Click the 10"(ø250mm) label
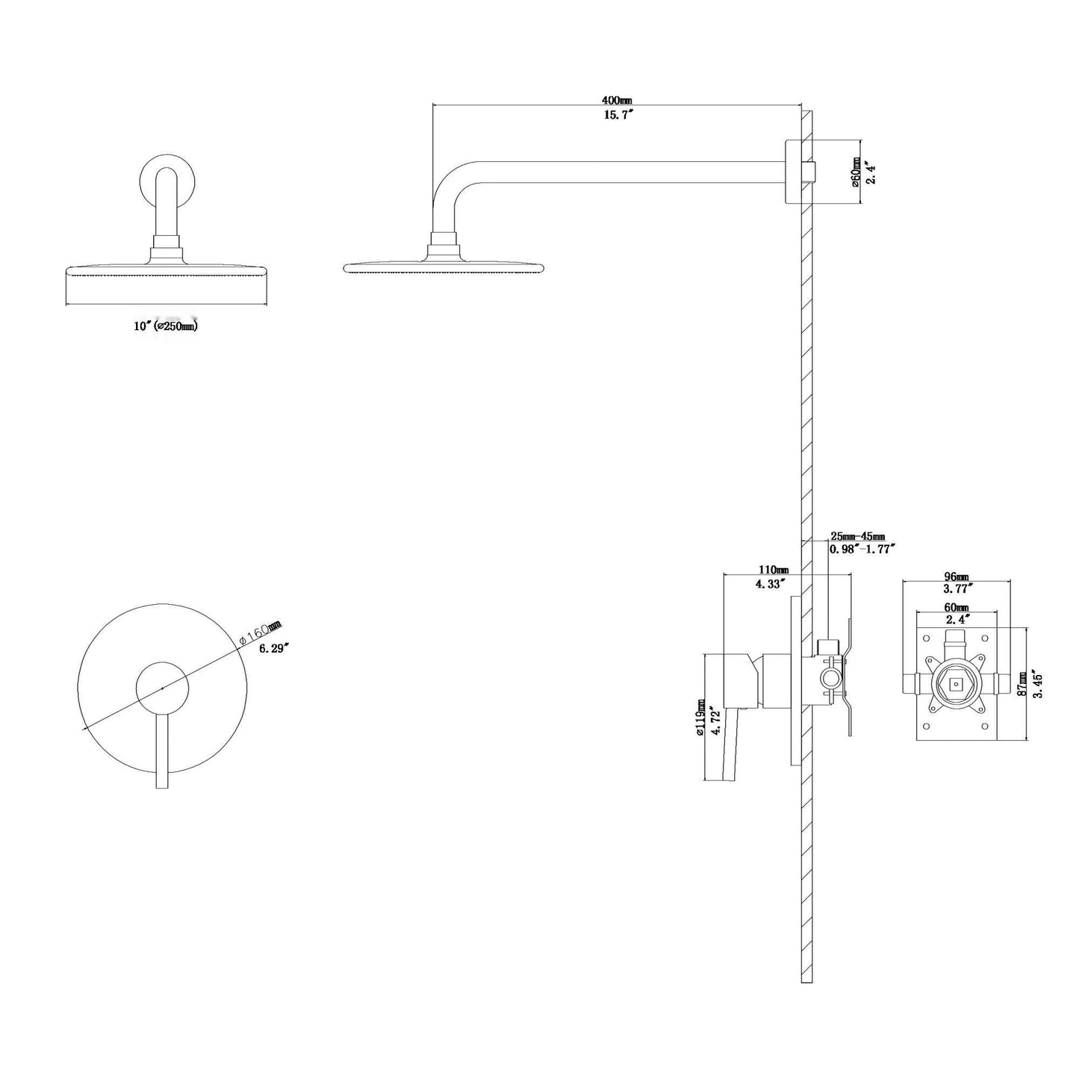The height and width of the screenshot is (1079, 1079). (166, 326)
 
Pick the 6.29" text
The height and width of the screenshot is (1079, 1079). (274, 647)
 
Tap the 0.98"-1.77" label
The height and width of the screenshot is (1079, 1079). (862, 549)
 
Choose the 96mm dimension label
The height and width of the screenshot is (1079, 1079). (956, 576)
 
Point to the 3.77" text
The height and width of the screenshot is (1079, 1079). (957, 588)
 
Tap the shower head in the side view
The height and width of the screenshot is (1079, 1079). (447, 266)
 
